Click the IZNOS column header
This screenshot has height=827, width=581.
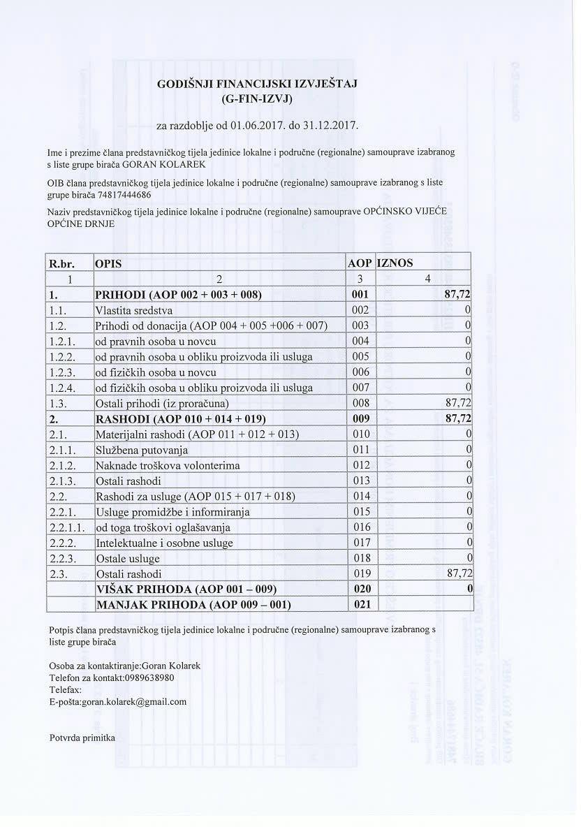(395, 263)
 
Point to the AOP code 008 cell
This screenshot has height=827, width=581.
(360, 403)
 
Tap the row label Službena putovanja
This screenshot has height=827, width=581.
(142, 449)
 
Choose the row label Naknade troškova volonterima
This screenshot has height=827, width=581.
(168, 465)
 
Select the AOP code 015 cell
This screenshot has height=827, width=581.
(360, 511)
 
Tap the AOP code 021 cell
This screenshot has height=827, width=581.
(360, 604)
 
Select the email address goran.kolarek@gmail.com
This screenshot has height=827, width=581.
(134, 702)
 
